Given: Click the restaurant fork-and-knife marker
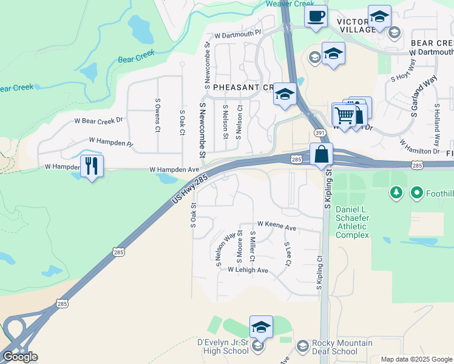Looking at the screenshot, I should click(x=92, y=166).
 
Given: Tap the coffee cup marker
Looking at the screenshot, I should click(x=316, y=16).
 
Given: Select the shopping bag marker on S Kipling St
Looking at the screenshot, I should click(x=321, y=155).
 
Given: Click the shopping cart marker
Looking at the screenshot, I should click(x=344, y=115).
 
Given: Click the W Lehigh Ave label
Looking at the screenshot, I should click(x=248, y=270).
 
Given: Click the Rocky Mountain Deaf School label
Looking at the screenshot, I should click(x=334, y=347).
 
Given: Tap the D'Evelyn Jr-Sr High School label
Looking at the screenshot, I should click(x=224, y=347).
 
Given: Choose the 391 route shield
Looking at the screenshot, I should click(x=318, y=133).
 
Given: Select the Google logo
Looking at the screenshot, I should click(x=20, y=357).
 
